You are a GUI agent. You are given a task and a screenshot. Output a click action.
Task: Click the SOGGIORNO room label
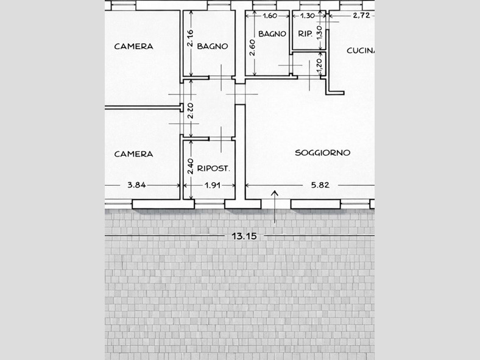(x=322, y=152)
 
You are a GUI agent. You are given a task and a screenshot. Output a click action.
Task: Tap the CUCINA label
(x=361, y=51)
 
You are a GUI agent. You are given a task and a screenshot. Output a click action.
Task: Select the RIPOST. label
(x=213, y=168)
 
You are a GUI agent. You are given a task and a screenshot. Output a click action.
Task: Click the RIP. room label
(x=305, y=34)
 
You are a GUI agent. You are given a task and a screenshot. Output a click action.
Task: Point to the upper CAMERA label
(x=133, y=46)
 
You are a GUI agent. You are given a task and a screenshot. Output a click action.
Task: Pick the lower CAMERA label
(x=133, y=154)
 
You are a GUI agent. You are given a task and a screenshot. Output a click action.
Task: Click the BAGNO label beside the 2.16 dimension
(x=213, y=46)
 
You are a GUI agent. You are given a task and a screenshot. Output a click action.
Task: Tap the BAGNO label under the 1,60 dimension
(x=272, y=34)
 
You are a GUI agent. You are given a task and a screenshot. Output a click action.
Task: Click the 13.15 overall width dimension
(x=244, y=236)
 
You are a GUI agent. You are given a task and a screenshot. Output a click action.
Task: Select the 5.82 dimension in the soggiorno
(x=320, y=185)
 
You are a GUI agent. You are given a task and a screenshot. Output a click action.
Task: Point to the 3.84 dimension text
(x=136, y=185)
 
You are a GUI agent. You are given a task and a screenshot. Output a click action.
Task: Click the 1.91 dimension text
(x=213, y=185)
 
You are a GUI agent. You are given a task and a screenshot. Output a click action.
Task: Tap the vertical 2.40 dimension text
(x=190, y=166)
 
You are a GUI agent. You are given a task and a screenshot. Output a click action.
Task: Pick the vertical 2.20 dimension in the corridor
(x=190, y=111)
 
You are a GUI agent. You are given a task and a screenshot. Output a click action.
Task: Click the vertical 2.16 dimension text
(x=190, y=38)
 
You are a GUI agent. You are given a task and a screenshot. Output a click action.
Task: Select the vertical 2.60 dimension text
(x=253, y=48)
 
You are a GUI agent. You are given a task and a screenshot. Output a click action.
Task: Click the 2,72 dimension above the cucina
(x=362, y=15)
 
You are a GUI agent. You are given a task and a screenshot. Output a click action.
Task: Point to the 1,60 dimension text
(x=270, y=16)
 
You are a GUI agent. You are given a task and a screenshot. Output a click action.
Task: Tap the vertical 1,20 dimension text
(x=320, y=66)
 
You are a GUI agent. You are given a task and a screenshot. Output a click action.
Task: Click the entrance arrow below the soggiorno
(x=275, y=206)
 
